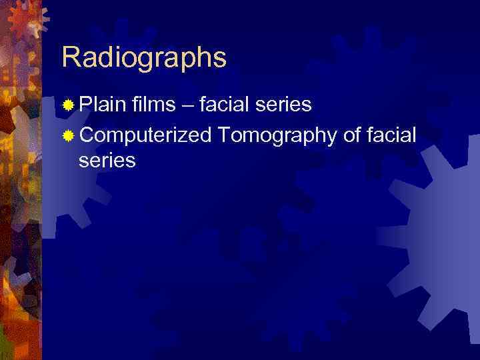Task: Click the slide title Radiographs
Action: pyautogui.click(x=144, y=58)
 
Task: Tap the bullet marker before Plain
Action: pyautogui.click(x=67, y=105)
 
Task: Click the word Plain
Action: pyautogui.click(x=103, y=104)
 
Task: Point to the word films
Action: pyautogui.click(x=154, y=104)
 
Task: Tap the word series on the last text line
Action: pyautogui.click(x=107, y=161)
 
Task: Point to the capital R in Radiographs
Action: pyautogui.click(x=70, y=57)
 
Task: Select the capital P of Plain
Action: pyautogui.click(x=85, y=104)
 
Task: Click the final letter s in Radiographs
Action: pyautogui.click(x=220, y=60)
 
